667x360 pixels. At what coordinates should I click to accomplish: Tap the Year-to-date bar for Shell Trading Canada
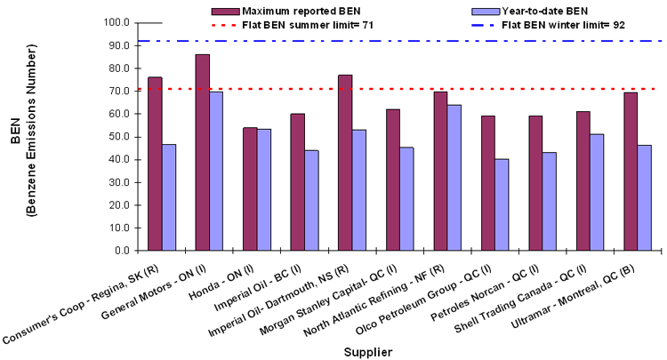tap(597, 192)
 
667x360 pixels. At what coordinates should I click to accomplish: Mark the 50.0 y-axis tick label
tap(119, 137)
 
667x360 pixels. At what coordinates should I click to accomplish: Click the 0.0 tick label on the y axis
tap(122, 251)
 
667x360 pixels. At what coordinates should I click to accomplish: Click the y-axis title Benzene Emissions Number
tap(31, 137)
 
